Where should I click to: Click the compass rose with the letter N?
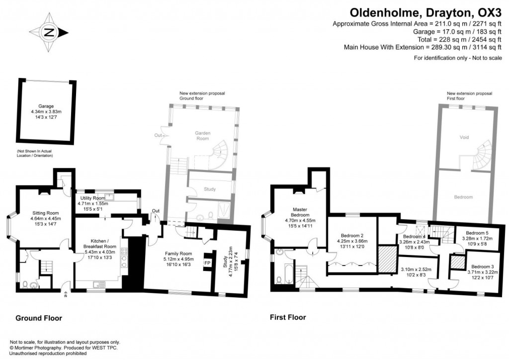pyautogui.click(x=49, y=33)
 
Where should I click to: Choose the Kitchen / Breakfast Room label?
pyautogui.click(x=99, y=240)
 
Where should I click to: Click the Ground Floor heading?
pyautogui.click(x=38, y=318)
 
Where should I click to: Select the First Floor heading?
pyautogui.click(x=287, y=317)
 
